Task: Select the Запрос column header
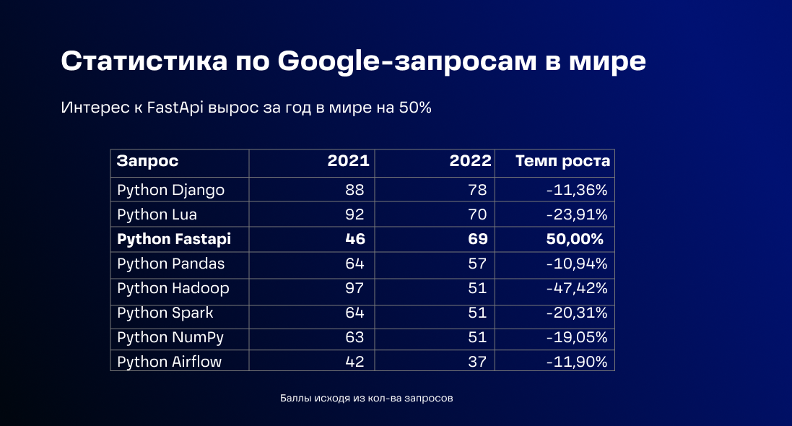click(x=147, y=161)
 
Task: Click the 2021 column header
click(x=348, y=161)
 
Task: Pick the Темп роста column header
click(x=562, y=161)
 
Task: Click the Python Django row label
click(x=170, y=190)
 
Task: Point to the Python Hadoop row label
click(x=173, y=288)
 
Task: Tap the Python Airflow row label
click(x=169, y=362)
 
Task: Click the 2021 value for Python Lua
click(x=354, y=214)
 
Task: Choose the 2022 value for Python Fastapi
click(x=478, y=239)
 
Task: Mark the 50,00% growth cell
click(x=575, y=239)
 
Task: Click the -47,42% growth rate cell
click(x=576, y=288)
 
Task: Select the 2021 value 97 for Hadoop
click(x=354, y=288)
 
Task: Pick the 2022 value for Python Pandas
click(x=478, y=264)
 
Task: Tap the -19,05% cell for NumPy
click(x=576, y=337)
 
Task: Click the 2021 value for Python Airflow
click(x=354, y=362)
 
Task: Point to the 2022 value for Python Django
click(x=478, y=190)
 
